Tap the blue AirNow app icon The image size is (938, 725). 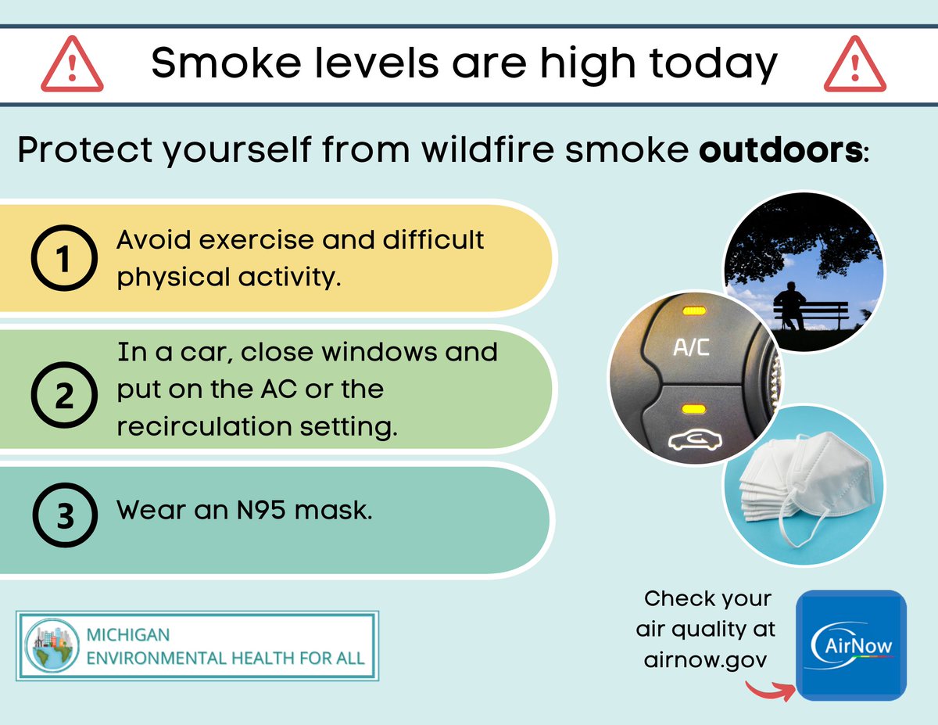[851, 644]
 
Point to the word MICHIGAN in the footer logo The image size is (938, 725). [128, 633]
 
